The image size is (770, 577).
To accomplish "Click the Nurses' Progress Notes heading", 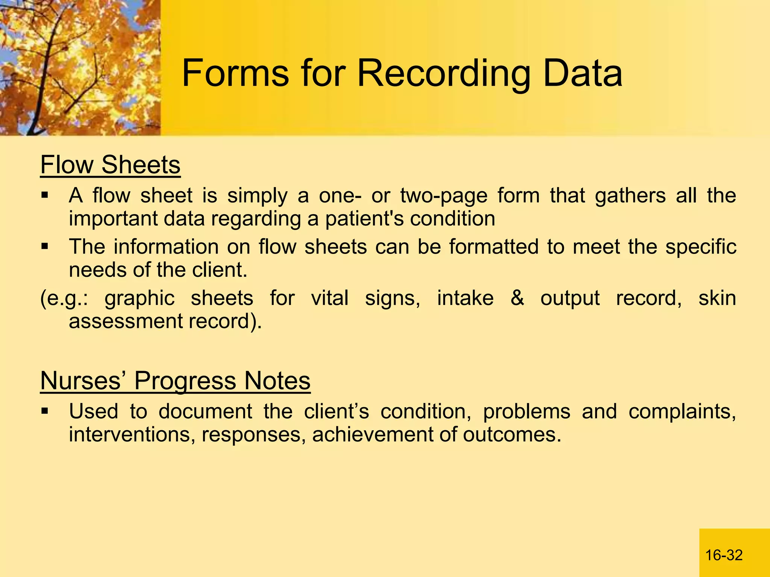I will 175,381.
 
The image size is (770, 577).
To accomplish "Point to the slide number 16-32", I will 724,555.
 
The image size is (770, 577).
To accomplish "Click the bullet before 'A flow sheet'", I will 45,195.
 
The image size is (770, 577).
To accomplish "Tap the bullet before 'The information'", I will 45,247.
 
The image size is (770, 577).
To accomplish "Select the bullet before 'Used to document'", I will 45,411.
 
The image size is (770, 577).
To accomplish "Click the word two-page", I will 444,196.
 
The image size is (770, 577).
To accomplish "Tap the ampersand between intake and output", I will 517,298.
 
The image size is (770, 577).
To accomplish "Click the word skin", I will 717,298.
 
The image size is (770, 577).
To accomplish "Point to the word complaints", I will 682,412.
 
